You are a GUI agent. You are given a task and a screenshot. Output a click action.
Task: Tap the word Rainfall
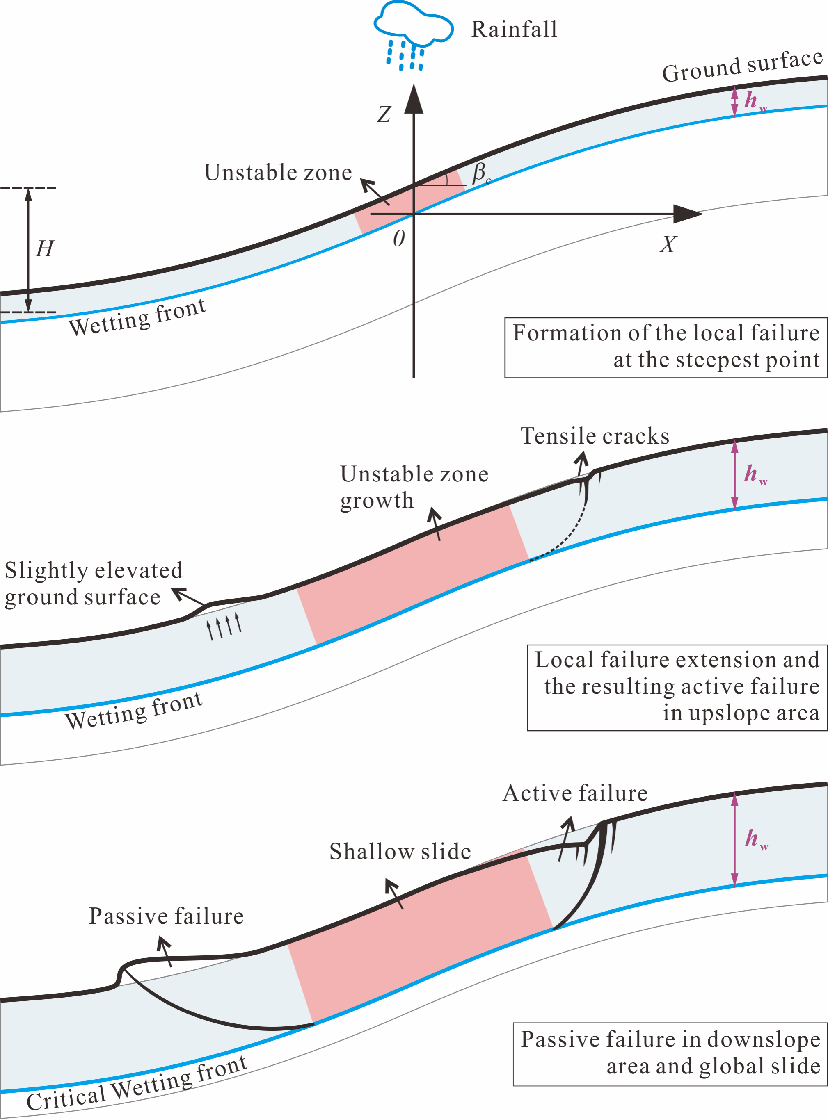(x=514, y=30)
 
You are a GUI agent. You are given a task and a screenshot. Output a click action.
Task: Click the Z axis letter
(x=384, y=114)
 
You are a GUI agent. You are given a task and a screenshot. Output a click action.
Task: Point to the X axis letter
(x=668, y=244)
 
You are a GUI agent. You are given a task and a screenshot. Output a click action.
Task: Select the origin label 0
(x=398, y=238)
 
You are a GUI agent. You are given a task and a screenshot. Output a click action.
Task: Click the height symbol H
(x=45, y=248)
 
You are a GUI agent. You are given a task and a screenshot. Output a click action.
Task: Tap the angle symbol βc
(x=480, y=173)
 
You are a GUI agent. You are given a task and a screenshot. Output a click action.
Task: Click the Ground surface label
(x=742, y=66)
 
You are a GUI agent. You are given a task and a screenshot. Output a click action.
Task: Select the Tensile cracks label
(x=595, y=436)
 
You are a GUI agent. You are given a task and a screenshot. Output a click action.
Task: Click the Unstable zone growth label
(x=414, y=487)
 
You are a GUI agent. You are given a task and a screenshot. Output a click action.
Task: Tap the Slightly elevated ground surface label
(x=93, y=583)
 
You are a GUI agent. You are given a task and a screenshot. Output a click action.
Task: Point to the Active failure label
(x=575, y=793)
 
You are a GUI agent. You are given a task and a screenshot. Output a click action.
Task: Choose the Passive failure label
(x=167, y=916)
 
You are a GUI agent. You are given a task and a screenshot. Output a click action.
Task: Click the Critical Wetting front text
(x=137, y=1083)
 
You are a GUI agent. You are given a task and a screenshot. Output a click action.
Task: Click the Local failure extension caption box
(x=677, y=687)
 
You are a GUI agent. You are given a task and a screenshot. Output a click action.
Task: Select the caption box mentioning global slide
(x=670, y=1053)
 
